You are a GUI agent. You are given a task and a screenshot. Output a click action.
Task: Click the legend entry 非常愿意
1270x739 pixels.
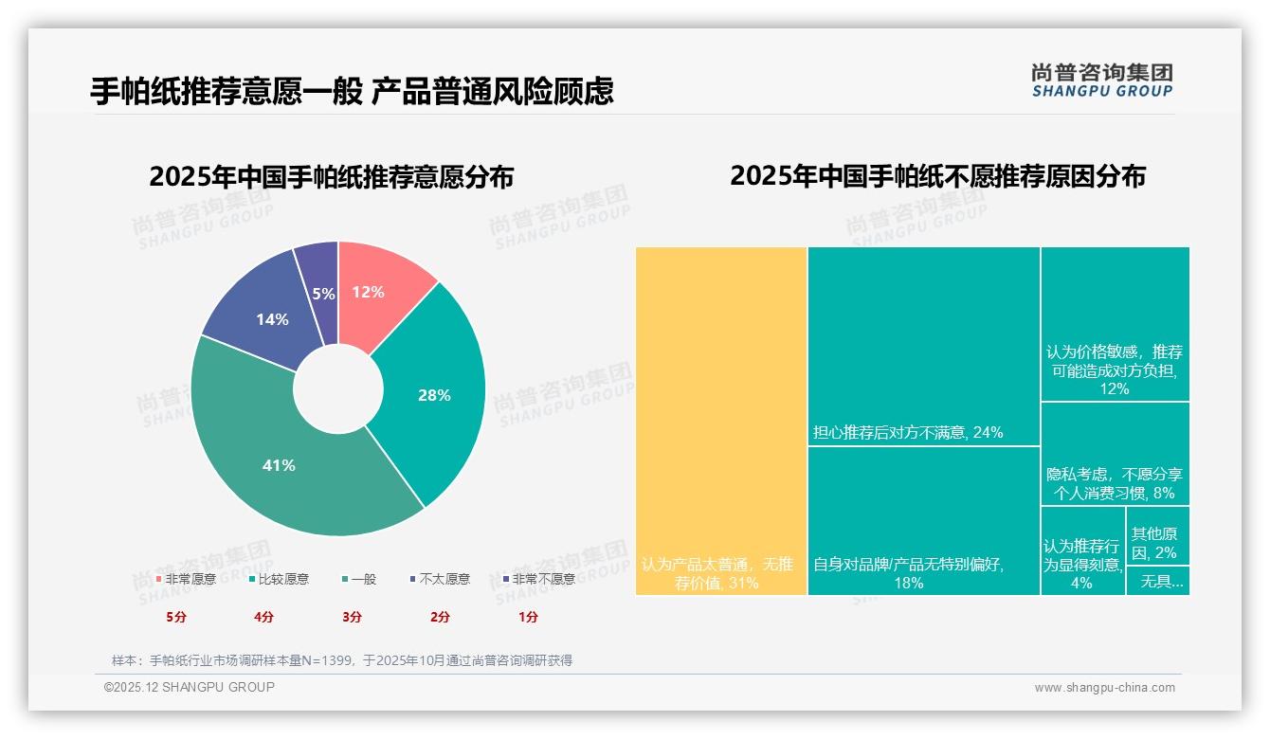pyautogui.click(x=187, y=579)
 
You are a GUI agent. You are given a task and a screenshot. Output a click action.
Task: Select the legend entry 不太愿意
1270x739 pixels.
pyautogui.click(x=440, y=579)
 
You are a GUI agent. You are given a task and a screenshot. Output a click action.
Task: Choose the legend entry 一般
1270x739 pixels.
pyautogui.click(x=359, y=579)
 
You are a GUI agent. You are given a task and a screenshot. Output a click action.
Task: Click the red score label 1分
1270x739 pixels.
pyautogui.click(x=528, y=617)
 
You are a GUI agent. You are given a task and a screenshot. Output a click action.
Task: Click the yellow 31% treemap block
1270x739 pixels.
pyautogui.click(x=720, y=421)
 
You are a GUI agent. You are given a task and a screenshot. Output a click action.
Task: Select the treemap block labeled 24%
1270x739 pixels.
pyautogui.click(x=923, y=346)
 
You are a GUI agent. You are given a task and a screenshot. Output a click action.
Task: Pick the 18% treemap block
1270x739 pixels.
pyautogui.click(x=923, y=521)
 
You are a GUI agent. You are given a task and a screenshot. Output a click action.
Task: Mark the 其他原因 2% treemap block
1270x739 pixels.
pyautogui.click(x=1157, y=535)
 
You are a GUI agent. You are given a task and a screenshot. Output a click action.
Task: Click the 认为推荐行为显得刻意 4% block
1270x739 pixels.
pyautogui.click(x=1082, y=550)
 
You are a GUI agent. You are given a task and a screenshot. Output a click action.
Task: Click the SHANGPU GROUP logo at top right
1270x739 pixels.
pyautogui.click(x=1102, y=81)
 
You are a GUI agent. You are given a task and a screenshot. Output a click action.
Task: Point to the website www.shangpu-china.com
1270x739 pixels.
pyautogui.click(x=1104, y=688)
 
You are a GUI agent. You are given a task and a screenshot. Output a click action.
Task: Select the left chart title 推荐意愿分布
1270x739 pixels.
pyautogui.click(x=331, y=177)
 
